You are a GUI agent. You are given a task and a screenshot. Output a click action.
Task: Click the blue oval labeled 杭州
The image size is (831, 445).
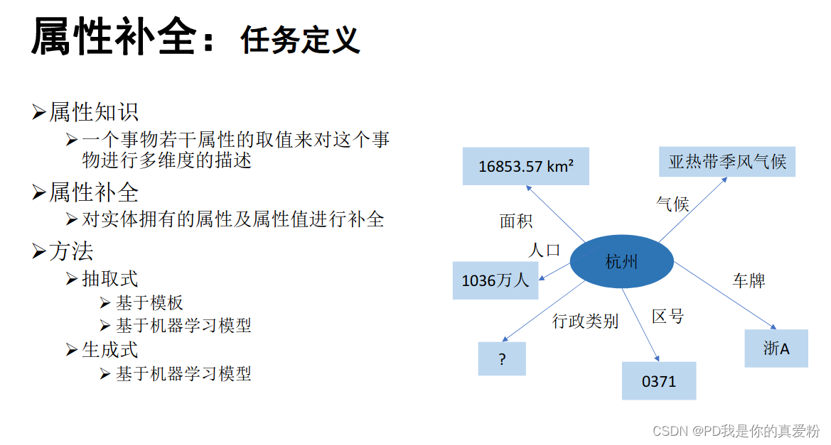[x=621, y=263]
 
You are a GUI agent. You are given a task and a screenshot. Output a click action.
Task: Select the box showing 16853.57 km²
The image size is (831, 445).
[x=525, y=166]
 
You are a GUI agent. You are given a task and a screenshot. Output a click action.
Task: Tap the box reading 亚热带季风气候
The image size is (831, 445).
[x=727, y=162]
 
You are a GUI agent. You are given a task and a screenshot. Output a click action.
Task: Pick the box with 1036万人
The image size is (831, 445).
[x=495, y=280]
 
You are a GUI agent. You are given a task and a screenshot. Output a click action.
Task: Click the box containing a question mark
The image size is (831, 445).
[x=502, y=358]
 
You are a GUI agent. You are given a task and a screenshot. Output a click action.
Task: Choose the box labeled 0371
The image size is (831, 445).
[x=658, y=381]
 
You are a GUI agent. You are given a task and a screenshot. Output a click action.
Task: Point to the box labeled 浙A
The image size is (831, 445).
[x=776, y=348]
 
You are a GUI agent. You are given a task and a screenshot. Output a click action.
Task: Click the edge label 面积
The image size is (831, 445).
[x=516, y=221]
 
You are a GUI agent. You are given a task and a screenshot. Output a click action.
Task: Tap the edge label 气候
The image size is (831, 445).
[x=672, y=204]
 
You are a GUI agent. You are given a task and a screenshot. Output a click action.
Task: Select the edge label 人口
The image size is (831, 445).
[x=545, y=250]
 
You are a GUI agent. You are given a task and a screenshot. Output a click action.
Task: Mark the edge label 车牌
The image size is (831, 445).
[x=749, y=280]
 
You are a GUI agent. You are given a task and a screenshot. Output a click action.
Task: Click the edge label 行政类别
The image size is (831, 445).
[x=586, y=322]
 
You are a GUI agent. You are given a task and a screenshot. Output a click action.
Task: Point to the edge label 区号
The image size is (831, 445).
[x=668, y=317]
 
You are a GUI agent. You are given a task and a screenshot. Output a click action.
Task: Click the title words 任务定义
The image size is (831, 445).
[x=300, y=40]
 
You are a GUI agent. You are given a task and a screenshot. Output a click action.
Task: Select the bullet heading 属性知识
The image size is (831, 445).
[x=94, y=112]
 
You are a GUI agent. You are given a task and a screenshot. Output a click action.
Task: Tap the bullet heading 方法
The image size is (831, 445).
[x=71, y=251]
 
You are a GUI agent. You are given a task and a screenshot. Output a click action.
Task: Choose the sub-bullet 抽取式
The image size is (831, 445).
[x=110, y=279]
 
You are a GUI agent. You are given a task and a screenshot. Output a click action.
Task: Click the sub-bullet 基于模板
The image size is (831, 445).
[x=150, y=303]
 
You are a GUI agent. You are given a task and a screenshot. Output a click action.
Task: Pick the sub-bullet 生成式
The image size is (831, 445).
[x=110, y=350]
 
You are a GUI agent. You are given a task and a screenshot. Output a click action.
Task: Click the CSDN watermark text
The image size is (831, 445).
[x=736, y=431]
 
